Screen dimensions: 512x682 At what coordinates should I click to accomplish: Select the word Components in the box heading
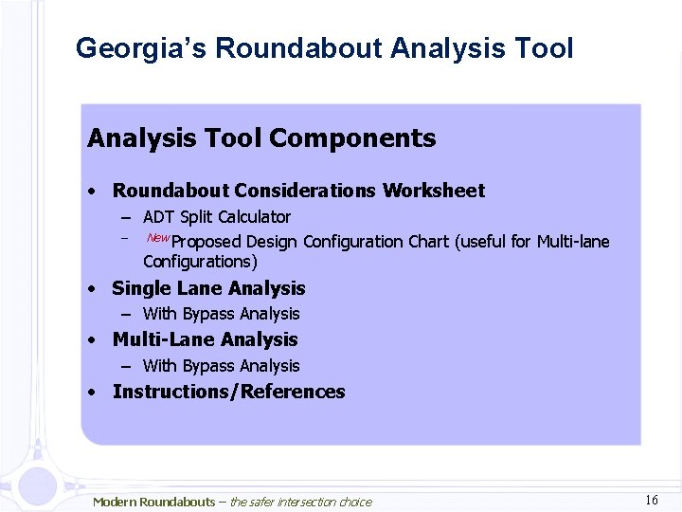click(x=352, y=138)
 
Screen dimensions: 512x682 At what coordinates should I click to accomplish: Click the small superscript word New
click(x=158, y=237)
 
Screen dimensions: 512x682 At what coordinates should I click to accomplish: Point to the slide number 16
click(x=651, y=500)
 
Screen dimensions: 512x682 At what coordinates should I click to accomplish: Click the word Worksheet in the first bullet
click(x=433, y=191)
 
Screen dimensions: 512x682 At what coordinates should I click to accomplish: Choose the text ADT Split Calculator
click(x=216, y=217)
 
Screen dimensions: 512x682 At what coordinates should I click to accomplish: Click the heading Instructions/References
click(x=228, y=392)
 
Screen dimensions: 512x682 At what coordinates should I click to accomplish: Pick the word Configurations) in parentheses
click(x=200, y=262)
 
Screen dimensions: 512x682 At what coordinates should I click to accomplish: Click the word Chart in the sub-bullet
click(x=429, y=242)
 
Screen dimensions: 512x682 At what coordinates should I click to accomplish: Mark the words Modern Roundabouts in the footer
click(x=153, y=502)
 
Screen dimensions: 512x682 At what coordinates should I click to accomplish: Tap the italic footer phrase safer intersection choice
click(x=311, y=502)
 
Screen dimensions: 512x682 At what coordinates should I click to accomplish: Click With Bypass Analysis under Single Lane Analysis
click(x=221, y=314)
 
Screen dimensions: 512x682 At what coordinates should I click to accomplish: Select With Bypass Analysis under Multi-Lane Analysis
click(x=221, y=366)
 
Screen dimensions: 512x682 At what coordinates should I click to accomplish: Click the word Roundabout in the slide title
click(x=298, y=48)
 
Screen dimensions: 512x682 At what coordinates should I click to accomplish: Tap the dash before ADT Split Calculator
click(x=125, y=217)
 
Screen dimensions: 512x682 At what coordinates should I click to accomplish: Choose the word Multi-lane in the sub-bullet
click(x=573, y=242)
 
